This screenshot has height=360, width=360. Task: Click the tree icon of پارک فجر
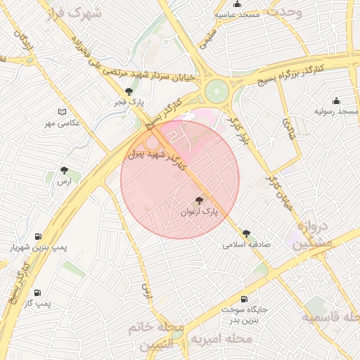coord(128,91)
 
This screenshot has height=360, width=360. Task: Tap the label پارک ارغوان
coord(200,211)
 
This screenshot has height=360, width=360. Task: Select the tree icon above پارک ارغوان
coord(200,200)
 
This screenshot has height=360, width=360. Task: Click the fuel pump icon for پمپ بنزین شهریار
coord(37,237)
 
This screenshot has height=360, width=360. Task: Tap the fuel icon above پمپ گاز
coord(37,292)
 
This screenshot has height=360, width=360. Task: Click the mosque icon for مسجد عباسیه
coord(238,4)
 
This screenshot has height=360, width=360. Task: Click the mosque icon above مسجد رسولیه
coord(336,101)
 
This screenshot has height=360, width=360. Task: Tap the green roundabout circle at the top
coord(217,91)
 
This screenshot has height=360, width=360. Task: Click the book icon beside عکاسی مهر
coord(62,112)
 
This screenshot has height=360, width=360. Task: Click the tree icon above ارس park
coord(65,170)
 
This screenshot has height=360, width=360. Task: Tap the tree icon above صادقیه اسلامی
coord(246,233)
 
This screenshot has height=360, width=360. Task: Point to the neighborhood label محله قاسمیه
coord(330,317)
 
